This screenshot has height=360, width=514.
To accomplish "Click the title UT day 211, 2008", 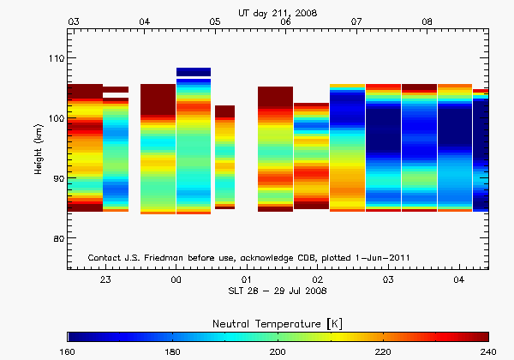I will pos(278,10).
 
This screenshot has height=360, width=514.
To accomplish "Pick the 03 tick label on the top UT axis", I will pos(74,21).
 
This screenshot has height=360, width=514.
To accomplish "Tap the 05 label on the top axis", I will pos(214,21).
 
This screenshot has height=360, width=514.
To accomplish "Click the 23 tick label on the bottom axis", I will pos(105,280).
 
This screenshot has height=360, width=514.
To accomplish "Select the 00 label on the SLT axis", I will pos(176,280).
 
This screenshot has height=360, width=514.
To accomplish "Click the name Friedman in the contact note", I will pos(170,257).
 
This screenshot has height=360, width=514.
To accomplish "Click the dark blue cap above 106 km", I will pos(193,72).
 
